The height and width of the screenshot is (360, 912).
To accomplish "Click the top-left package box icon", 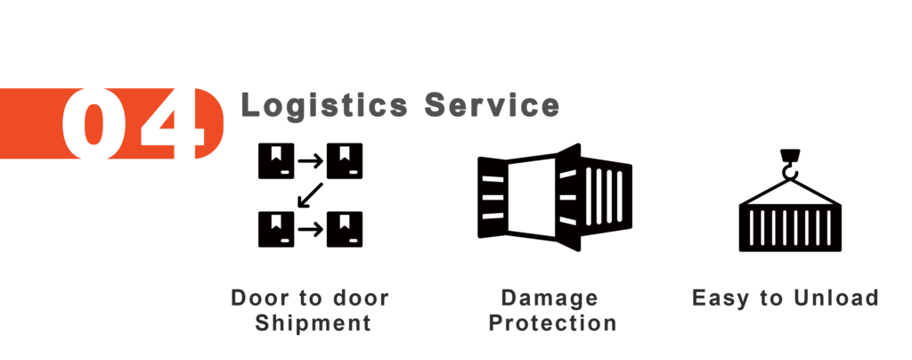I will click(275, 160).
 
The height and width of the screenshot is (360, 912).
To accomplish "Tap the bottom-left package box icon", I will click(275, 229).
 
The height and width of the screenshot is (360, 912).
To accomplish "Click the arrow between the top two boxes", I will click(310, 160).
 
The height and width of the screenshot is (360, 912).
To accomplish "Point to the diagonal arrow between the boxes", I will click(310, 195).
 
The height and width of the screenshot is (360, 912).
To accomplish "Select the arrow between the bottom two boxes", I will click(310, 230).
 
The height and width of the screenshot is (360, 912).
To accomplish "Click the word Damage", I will click(549, 298).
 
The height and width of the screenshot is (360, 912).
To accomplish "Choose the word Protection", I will click(553, 323).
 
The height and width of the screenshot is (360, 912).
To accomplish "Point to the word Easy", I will click(722, 298).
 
